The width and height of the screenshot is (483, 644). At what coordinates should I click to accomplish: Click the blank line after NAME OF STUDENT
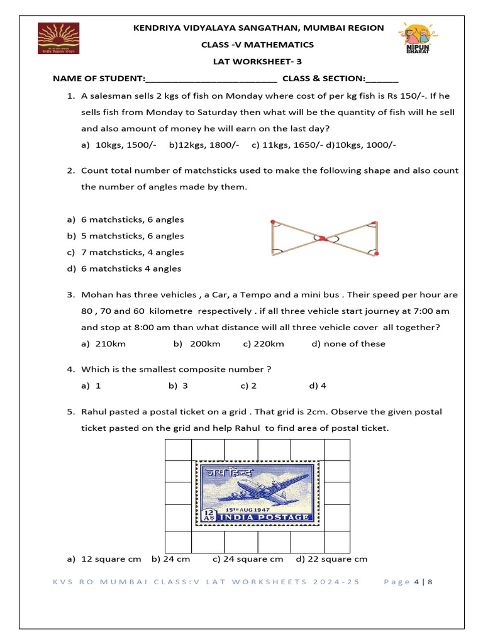211,79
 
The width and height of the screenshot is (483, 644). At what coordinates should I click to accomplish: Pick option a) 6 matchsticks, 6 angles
126,219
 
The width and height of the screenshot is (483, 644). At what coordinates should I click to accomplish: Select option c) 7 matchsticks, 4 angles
126,252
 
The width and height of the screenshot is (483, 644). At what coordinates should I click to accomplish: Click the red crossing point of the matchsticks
322,238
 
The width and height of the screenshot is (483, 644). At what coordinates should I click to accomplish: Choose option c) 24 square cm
248,558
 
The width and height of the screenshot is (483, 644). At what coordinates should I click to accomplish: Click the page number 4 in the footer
416,582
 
